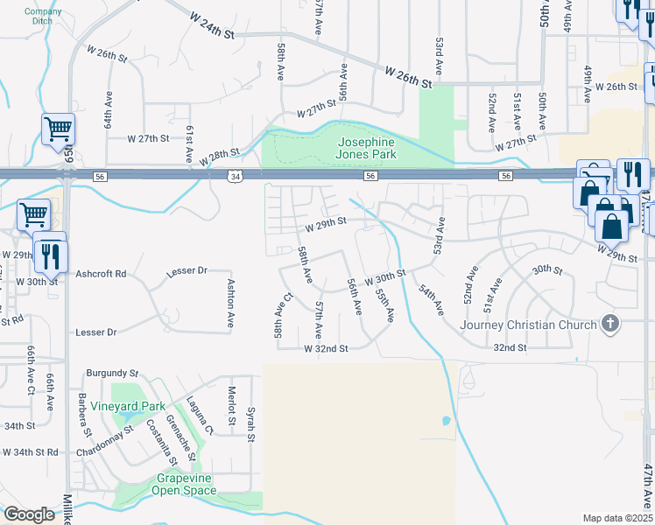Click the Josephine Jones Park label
(364, 148)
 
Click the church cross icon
(610, 325)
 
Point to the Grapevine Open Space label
(187, 484)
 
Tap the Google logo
(30, 514)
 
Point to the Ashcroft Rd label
(102, 274)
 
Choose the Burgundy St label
(112, 373)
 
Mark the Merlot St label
(231, 407)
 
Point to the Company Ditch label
(43, 17)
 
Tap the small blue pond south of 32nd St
(446, 421)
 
